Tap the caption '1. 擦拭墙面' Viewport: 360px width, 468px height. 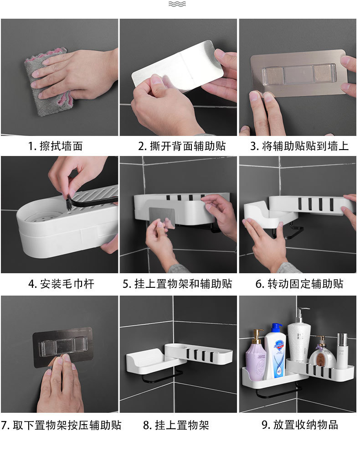click(56, 146)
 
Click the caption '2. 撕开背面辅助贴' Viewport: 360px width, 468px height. click(182, 146)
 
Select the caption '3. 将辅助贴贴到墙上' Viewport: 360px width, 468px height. click(299, 146)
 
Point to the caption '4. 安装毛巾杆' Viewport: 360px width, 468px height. click(61, 284)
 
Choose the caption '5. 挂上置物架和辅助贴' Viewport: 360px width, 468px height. click(177, 284)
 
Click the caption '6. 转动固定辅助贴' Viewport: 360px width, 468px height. click(299, 284)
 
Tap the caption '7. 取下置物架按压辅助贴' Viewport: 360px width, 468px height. click(61, 425)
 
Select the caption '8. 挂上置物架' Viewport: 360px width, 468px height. click(176, 425)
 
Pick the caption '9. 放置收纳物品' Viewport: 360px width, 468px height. click(299, 425)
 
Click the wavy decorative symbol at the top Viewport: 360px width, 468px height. click(177, 4)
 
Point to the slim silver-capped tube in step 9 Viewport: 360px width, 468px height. click(342, 347)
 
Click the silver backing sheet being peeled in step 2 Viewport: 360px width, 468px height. click(178, 66)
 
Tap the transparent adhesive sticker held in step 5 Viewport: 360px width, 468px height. click(163, 218)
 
